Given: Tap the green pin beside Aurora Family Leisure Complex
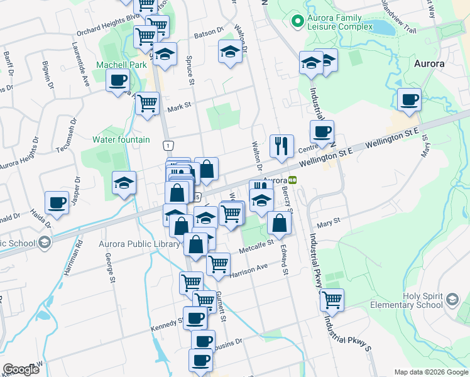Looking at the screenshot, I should click(297, 21).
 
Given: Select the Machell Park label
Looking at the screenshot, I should click(121, 65).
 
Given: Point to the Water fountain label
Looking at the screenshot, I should click(121, 139).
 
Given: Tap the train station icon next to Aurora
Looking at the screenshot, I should click(293, 178).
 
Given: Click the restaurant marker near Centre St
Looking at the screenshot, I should click(281, 146).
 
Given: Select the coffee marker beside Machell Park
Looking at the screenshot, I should click(118, 81).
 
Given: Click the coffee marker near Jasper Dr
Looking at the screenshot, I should click(57, 203).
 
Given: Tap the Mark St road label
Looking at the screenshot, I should click(178, 107).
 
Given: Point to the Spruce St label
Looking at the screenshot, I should click(189, 70).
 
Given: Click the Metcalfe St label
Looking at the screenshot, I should click(257, 248).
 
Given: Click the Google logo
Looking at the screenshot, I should click(21, 369).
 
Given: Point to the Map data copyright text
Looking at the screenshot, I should click(430, 372).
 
